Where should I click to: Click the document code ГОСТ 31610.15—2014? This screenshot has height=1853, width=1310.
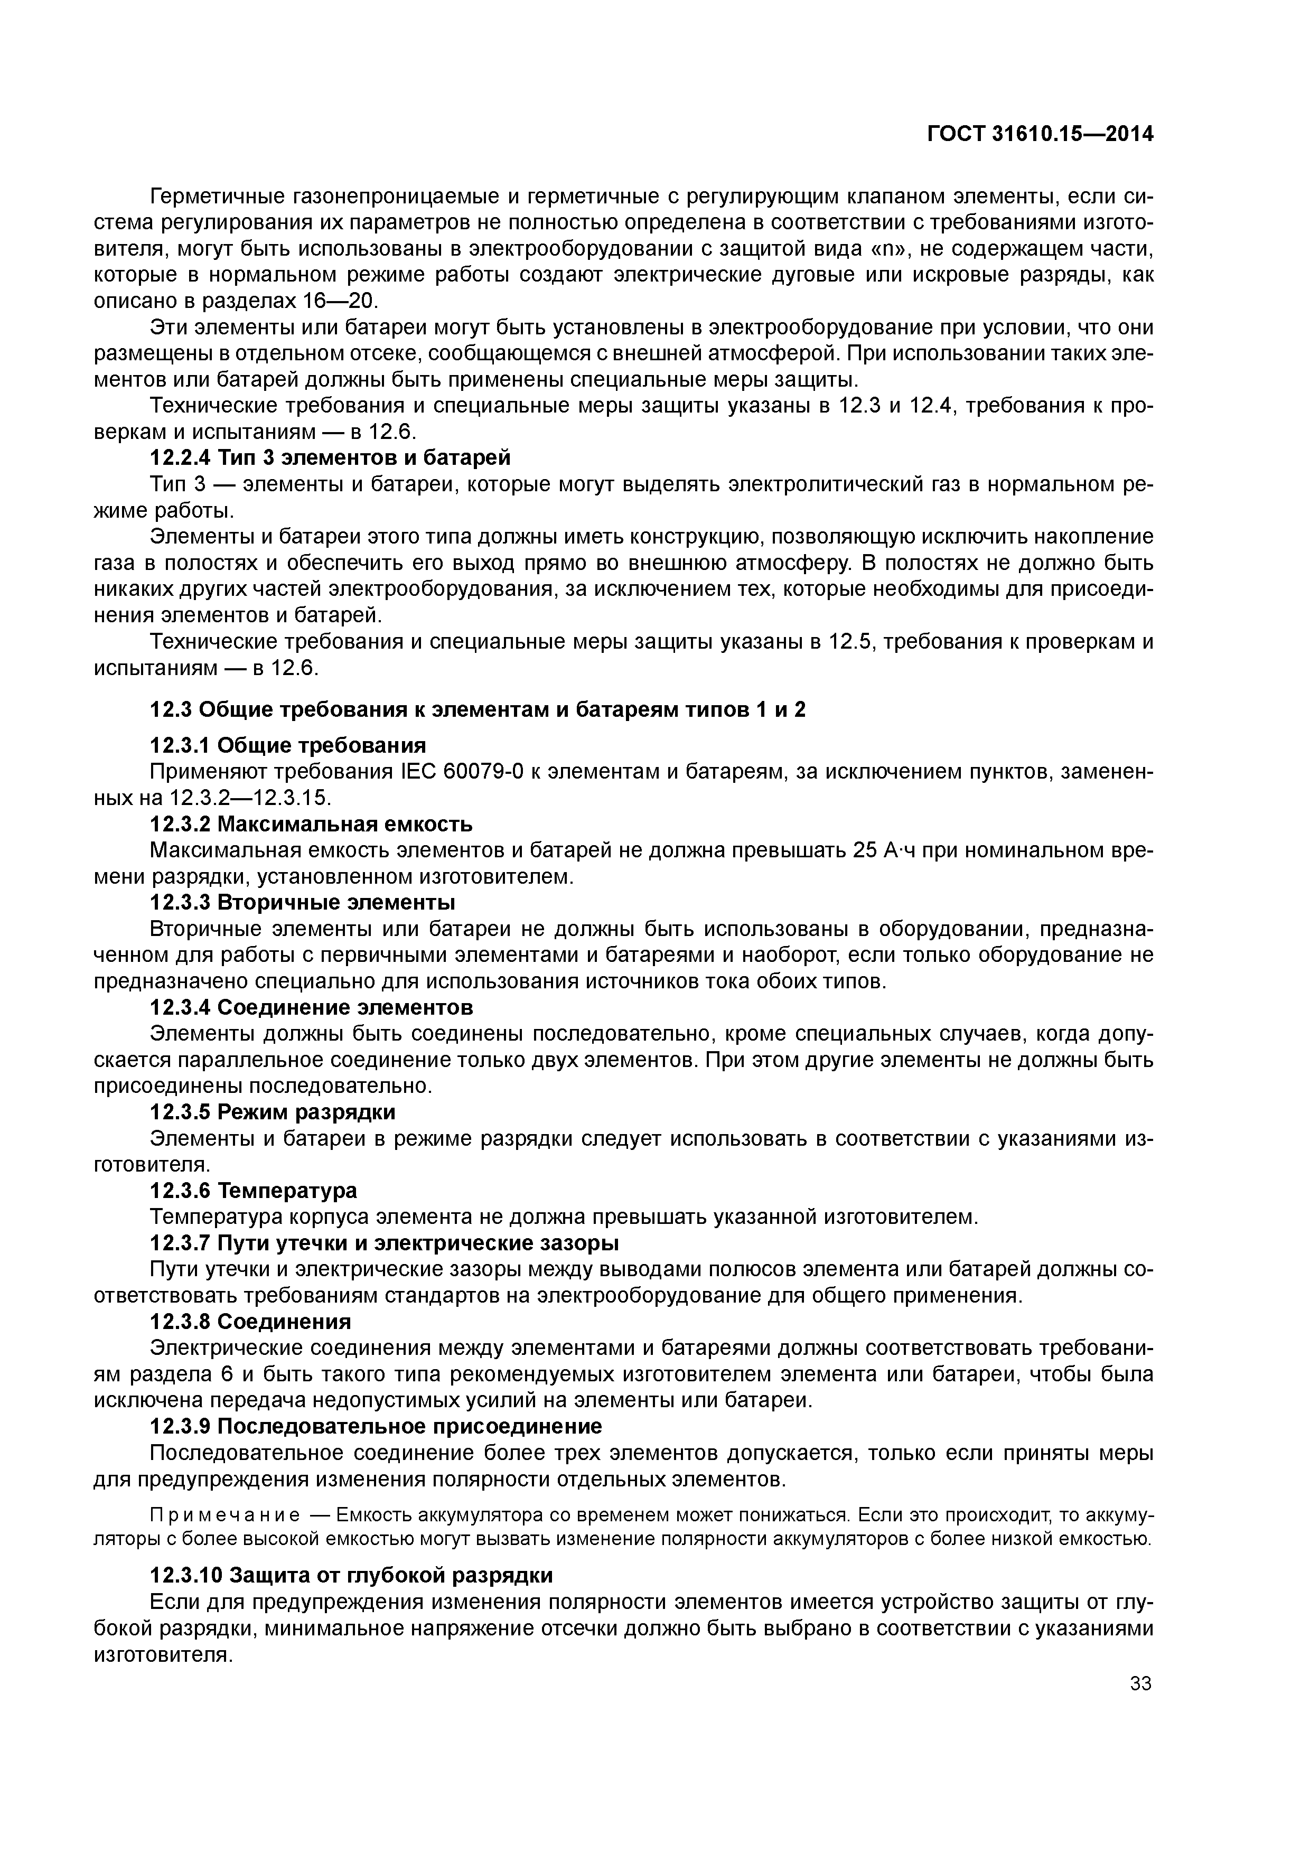coord(1040,134)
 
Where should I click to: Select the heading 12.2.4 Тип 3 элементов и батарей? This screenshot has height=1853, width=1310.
coord(330,457)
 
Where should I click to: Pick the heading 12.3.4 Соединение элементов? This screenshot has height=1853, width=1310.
coord(312,1007)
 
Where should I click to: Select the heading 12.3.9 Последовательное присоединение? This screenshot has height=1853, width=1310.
coord(376,1426)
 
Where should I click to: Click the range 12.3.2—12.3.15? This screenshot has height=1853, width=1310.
coord(250,798)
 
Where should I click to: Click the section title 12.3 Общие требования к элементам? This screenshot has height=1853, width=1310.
coord(478,709)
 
